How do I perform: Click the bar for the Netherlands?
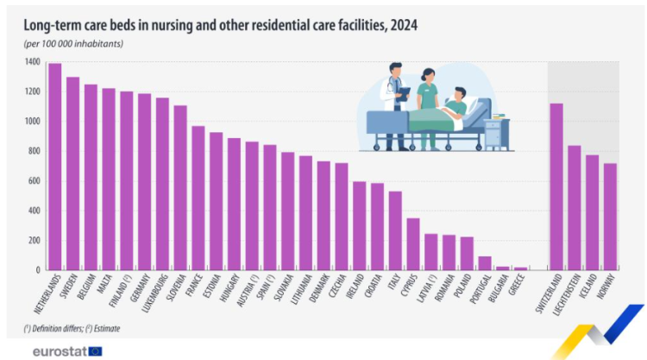click(55, 167)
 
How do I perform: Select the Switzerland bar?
click(556, 186)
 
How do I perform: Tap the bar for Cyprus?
click(413, 244)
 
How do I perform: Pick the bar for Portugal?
click(485, 263)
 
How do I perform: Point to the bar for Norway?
click(610, 217)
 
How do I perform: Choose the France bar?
click(198, 199)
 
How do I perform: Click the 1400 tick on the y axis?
click(32, 62)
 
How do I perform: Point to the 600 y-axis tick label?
click(34, 181)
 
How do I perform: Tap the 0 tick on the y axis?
click(38, 270)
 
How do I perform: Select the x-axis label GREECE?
click(516, 285)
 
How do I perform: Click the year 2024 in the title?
click(404, 26)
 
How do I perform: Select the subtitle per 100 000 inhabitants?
click(73, 44)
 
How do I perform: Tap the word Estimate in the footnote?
click(107, 329)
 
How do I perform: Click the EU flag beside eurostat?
click(95, 351)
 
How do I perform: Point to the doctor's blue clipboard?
click(403, 95)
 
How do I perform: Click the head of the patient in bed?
click(460, 94)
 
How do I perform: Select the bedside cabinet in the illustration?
click(497, 135)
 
